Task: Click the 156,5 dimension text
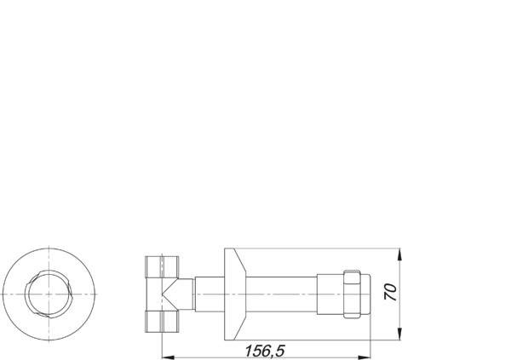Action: (x=265, y=351)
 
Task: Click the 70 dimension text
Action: (x=390, y=292)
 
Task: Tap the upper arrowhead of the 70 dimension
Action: (x=400, y=254)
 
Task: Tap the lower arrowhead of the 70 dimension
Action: (x=400, y=334)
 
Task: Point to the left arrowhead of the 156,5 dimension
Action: (x=168, y=357)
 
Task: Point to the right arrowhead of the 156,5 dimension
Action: (x=365, y=357)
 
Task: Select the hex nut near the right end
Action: (x=352, y=294)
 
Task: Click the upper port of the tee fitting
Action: (x=162, y=267)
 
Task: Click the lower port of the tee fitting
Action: (x=162, y=322)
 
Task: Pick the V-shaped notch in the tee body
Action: (x=169, y=294)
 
